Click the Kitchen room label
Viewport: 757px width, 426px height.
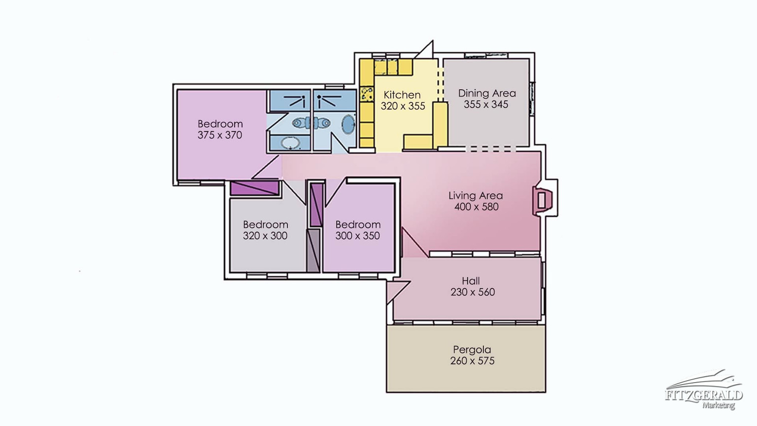(402, 95)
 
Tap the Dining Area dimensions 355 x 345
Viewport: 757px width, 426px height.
(486, 105)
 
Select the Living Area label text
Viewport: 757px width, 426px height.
(476, 195)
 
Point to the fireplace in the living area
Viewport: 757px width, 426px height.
(542, 200)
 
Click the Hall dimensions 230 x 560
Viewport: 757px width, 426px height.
(473, 292)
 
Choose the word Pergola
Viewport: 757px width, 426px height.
(472, 350)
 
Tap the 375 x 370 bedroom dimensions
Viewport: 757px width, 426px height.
(220, 135)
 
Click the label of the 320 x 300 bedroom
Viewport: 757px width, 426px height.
(266, 224)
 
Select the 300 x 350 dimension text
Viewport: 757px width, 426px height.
(357, 236)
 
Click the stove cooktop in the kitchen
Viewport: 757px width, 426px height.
(367, 94)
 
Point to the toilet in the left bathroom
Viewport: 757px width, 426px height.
(301, 123)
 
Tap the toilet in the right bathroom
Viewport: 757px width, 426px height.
(322, 123)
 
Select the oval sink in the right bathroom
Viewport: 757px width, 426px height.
(348, 124)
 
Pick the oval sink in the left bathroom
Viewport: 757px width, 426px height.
(291, 143)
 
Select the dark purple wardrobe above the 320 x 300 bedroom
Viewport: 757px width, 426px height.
(255, 188)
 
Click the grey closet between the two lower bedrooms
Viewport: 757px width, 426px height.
(313, 250)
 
